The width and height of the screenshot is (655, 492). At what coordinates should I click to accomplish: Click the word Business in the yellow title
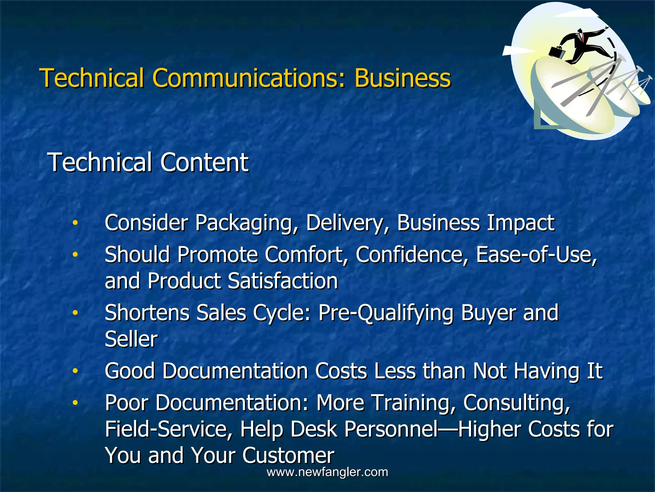pos(402,78)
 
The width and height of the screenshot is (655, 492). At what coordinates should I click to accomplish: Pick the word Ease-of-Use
pos(536,255)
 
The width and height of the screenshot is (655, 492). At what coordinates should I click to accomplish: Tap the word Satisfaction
pos(283,281)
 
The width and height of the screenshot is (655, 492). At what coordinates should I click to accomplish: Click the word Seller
pos(131,339)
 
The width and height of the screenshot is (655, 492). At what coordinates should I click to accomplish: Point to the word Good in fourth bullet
pos(130,371)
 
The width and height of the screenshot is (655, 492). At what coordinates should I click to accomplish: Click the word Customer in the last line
pos(288,455)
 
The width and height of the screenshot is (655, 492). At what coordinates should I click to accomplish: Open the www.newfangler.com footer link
pos(327,472)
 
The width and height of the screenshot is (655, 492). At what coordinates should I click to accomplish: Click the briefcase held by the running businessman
pos(557,52)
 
